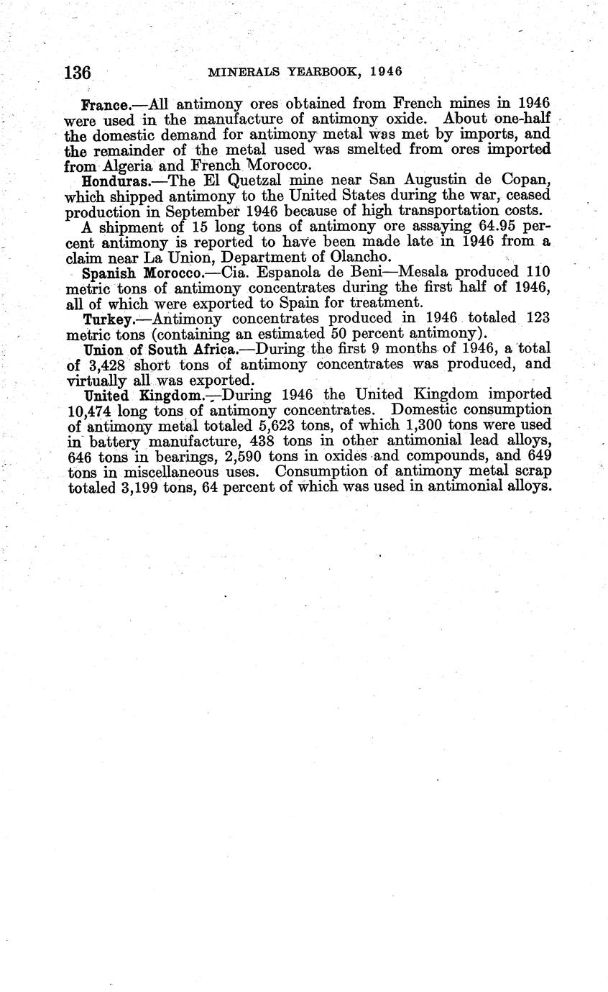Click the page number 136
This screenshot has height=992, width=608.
78,73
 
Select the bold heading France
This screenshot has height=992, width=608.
105,104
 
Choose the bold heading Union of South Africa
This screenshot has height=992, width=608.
160,350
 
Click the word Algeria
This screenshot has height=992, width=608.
126,165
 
